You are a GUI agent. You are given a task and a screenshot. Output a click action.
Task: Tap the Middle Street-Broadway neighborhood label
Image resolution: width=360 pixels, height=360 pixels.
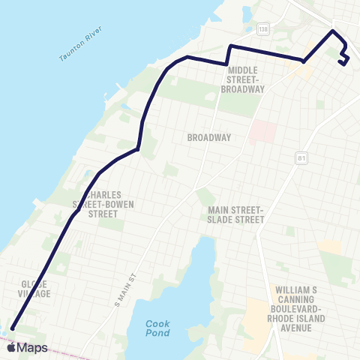tap(243, 79)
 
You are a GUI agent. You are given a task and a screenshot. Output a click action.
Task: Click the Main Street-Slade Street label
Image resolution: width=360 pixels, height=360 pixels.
tap(236, 214)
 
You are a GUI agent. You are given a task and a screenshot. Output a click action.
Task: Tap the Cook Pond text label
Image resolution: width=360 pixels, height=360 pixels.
tap(157, 328)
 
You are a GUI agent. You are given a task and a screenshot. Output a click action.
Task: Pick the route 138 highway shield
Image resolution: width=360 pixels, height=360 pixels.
tap(262, 29)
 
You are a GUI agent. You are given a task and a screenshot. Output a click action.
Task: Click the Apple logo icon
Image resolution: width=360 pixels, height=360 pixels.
tap(10, 348)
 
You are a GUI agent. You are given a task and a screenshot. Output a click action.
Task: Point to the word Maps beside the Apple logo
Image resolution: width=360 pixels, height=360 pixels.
tap(33, 348)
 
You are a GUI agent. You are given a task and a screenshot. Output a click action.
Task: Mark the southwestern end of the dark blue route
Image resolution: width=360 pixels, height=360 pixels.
tap(12, 327)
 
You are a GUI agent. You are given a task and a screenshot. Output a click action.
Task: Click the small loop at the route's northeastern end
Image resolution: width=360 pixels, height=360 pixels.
tap(343, 58)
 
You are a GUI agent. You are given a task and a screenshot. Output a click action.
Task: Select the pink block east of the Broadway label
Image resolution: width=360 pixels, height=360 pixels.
tap(260, 131)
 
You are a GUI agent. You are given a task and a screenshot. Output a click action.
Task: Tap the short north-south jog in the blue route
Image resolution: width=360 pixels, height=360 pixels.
tap(227, 55)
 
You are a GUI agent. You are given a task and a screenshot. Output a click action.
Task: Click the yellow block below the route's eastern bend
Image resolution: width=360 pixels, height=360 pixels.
tap(301, 71)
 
